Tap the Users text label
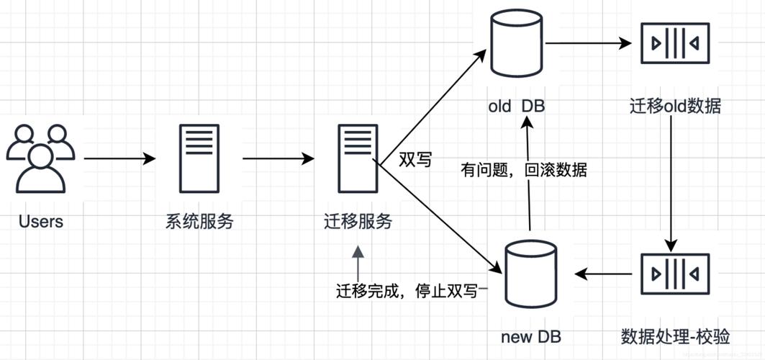(x=41, y=221)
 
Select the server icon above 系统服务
(x=199, y=158)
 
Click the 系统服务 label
(x=199, y=222)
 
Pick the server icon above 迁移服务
(x=358, y=158)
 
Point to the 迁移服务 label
(x=358, y=222)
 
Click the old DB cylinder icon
(x=517, y=45)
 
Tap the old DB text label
(x=517, y=107)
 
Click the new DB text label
(x=531, y=336)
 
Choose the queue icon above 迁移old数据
(x=675, y=44)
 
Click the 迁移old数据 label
(x=675, y=107)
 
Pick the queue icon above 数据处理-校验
(x=675, y=274)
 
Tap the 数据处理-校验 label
(x=675, y=336)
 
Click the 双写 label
(x=415, y=160)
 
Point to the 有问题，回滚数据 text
(x=524, y=171)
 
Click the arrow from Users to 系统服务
(x=119, y=158)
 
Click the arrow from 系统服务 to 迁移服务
(x=279, y=158)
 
